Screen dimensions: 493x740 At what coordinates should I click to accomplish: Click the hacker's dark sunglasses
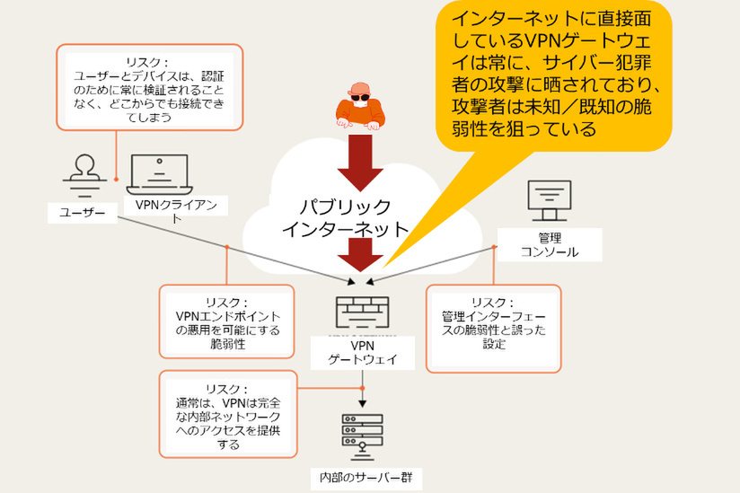point(358,97)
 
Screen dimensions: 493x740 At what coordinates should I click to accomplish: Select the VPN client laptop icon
point(160,174)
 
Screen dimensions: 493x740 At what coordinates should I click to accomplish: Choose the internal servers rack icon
point(362,436)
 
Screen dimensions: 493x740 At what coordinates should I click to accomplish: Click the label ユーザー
point(83,212)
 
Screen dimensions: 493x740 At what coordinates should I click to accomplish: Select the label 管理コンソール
point(550,244)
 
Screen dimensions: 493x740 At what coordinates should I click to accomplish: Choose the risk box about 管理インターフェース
point(492,327)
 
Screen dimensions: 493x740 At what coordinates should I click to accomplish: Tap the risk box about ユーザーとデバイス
point(148,85)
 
